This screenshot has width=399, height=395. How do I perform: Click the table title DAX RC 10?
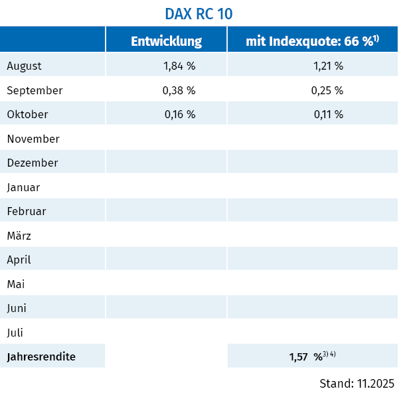pyautogui.click(x=199, y=13)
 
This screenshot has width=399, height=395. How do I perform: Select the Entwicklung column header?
pyautogui.click(x=166, y=41)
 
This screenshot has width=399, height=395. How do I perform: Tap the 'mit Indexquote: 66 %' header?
pyautogui.click(x=312, y=41)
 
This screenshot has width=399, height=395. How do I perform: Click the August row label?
pyautogui.click(x=24, y=66)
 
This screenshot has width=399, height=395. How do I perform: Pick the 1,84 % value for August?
pyautogui.click(x=179, y=66)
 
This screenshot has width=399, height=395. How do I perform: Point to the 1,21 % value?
pyautogui.click(x=327, y=66)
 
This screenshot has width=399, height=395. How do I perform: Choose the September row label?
pyautogui.click(x=35, y=90)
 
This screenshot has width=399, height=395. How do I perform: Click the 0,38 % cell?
pyautogui.click(x=179, y=90)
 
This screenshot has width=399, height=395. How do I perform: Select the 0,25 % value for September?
pyautogui.click(x=327, y=90)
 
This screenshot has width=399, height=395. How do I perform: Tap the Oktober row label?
pyautogui.click(x=27, y=114)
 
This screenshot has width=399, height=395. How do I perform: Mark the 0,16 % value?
pyautogui.click(x=179, y=114)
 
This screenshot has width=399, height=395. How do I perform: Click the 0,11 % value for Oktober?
pyautogui.click(x=327, y=114)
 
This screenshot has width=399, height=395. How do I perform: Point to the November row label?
pyautogui.click(x=33, y=139)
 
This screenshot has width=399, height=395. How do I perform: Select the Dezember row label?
pyautogui.click(x=33, y=163)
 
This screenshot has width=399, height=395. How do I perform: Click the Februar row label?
pyautogui.click(x=27, y=211)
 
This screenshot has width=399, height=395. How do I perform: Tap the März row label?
pyautogui.click(x=19, y=236)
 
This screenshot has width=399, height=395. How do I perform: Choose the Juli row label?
pyautogui.click(x=15, y=332)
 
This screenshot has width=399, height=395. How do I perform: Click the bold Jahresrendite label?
pyautogui.click(x=41, y=356)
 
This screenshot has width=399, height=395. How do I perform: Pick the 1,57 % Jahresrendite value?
pyautogui.click(x=306, y=356)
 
